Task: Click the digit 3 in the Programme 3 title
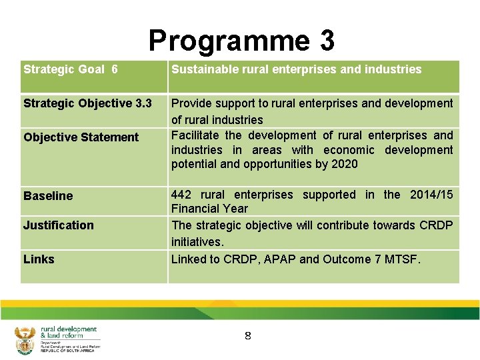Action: coord(326,41)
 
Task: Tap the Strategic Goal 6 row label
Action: coord(71,69)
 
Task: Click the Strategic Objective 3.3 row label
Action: coord(87,103)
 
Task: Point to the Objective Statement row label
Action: coord(81,137)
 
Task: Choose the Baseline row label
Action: coord(48,196)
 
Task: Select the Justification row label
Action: coord(59,225)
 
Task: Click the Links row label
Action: coord(39,259)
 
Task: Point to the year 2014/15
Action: coord(431,195)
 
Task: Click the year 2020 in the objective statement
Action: coord(344,164)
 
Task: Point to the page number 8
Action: coord(247,336)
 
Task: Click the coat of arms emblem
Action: coord(25,341)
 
